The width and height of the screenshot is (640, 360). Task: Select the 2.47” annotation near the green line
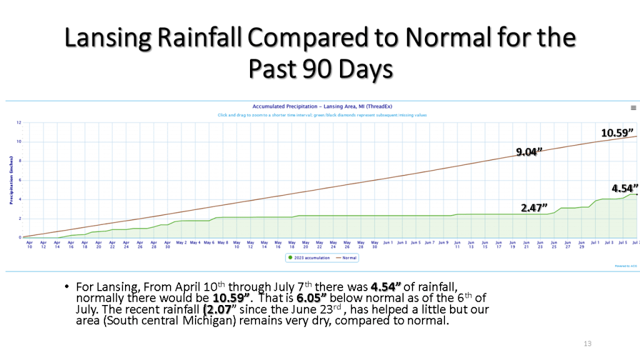click(534, 206)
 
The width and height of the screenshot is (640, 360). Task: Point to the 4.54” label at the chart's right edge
click(624, 187)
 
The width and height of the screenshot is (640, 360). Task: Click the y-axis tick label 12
click(19, 122)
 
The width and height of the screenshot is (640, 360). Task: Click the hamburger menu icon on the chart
click(633, 107)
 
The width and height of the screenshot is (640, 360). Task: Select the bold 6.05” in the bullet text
click(310, 297)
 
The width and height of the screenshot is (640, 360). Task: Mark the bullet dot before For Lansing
click(66, 286)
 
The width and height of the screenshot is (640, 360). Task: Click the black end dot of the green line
click(636, 194)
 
